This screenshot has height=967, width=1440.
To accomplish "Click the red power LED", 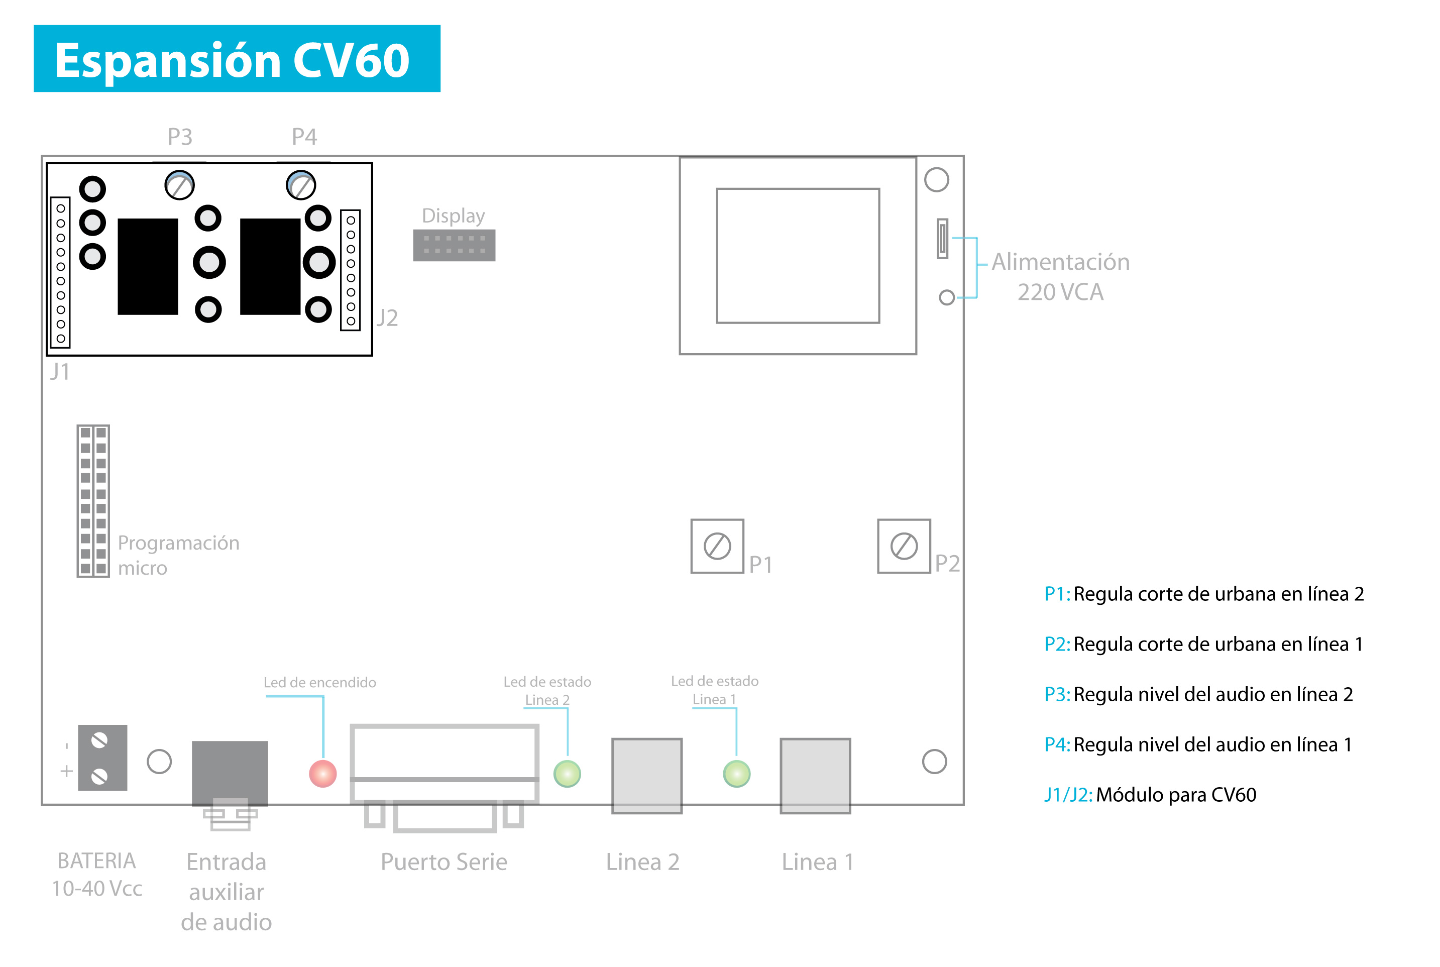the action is click(322, 774).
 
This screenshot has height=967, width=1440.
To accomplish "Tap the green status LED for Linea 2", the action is click(567, 774).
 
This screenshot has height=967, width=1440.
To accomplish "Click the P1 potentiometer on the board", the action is click(717, 546).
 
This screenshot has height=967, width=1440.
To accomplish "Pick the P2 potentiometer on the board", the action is click(904, 546).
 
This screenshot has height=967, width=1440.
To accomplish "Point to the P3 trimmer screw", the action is click(179, 185).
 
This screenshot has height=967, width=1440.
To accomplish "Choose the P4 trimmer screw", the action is click(301, 185).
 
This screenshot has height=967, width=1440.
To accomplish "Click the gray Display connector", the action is click(454, 245).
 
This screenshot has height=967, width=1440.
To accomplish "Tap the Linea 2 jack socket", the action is click(646, 775).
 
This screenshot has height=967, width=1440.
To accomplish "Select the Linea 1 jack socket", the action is click(815, 775).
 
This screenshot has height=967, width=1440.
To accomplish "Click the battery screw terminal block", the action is click(102, 758).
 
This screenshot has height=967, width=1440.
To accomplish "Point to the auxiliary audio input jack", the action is click(230, 784).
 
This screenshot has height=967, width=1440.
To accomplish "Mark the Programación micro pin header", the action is click(93, 501).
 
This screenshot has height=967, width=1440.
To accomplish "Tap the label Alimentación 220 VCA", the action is click(1060, 276).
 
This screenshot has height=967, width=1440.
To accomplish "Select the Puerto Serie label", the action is click(444, 862).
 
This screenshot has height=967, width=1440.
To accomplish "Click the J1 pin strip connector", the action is click(60, 273).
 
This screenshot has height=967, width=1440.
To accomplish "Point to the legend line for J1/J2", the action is click(1150, 794).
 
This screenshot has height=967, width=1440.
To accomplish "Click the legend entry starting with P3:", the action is click(1198, 694).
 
